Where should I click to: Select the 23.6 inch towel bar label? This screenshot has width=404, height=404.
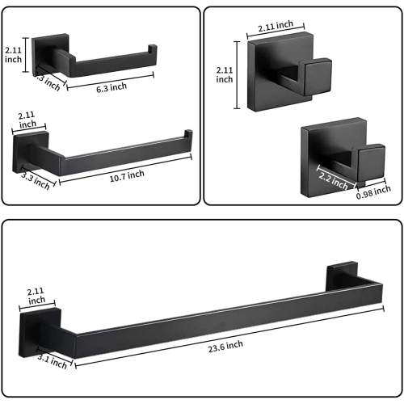click(x=224, y=344)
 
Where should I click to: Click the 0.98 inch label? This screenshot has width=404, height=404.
click(x=372, y=193)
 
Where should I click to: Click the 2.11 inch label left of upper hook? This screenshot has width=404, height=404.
click(x=224, y=75)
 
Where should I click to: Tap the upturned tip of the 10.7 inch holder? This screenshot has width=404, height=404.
click(x=188, y=134)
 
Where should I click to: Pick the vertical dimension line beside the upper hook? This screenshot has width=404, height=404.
click(x=237, y=75)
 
